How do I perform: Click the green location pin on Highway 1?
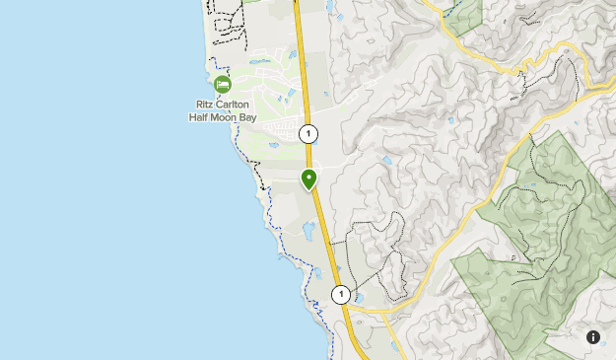[308, 180]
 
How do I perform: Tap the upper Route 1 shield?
[308, 134]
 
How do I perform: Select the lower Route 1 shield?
[340, 294]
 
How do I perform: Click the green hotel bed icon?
[222, 84]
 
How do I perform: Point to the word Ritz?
[206, 104]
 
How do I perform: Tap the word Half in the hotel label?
[199, 116]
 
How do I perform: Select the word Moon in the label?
[226, 116]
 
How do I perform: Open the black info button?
[593, 337]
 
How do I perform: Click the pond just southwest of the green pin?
[308, 231]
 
